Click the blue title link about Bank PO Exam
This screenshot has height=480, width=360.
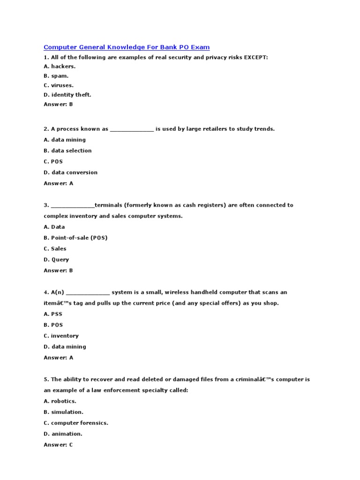click(127, 47)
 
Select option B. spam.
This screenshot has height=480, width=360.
click(56, 76)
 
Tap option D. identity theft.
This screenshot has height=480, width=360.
click(67, 95)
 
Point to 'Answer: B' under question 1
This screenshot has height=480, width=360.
click(58, 104)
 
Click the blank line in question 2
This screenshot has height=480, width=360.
click(132, 129)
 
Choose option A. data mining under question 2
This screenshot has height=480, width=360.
click(65, 140)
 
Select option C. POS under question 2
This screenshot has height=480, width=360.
click(53, 162)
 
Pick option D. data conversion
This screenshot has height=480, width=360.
click(70, 172)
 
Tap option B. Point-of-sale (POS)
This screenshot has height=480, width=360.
click(75, 238)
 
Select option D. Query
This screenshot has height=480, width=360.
click(56, 260)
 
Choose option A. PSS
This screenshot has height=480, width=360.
click(53, 314)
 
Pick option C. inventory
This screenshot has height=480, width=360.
click(61, 336)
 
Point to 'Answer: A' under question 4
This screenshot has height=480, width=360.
click(58, 358)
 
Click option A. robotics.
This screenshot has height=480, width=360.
click(60, 401)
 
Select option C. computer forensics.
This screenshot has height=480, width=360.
click(76, 423)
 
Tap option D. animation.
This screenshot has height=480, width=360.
click(63, 434)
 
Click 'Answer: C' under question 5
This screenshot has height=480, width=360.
click(58, 445)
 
